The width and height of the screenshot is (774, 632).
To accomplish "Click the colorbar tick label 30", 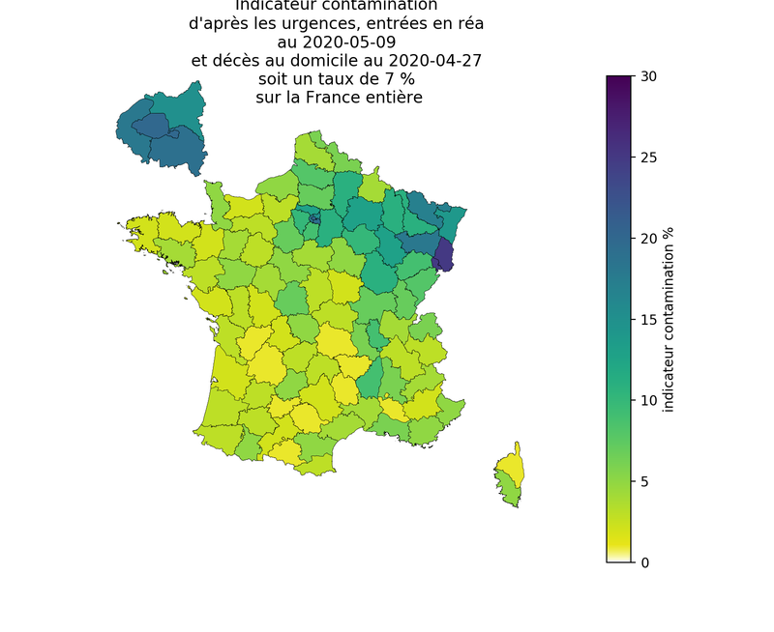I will (x=649, y=76).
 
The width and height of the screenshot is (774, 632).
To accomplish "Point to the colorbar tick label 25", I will (x=649, y=158).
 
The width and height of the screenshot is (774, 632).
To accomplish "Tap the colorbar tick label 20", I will (x=649, y=239).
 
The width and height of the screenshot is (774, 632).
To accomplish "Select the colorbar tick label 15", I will (x=649, y=320).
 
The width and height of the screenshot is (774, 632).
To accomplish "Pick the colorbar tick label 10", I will (x=649, y=400).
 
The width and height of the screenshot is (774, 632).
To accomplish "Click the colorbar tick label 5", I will (x=645, y=481).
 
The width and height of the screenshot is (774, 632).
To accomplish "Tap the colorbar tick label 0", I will (x=645, y=562).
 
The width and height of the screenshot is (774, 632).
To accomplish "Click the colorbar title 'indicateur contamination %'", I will (x=669, y=320).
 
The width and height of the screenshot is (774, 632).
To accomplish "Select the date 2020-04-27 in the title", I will (x=424, y=61).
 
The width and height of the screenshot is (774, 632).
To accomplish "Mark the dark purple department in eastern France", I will (x=443, y=253).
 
